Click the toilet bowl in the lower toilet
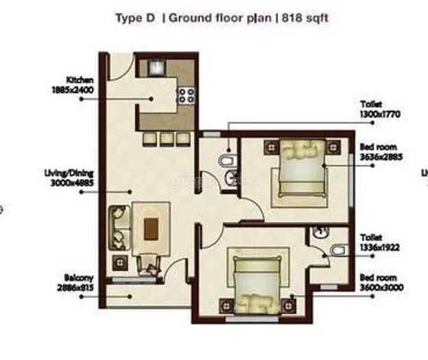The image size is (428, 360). (341, 249)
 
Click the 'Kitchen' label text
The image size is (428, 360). (79, 80)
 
